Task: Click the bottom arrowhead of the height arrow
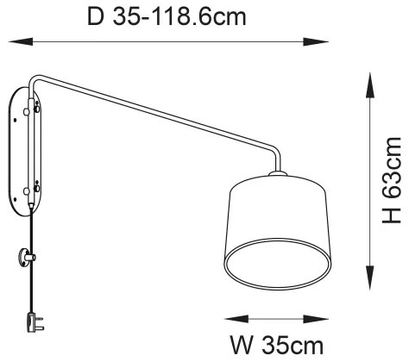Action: [x=371, y=284]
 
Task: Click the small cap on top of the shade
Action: [x=276, y=176]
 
